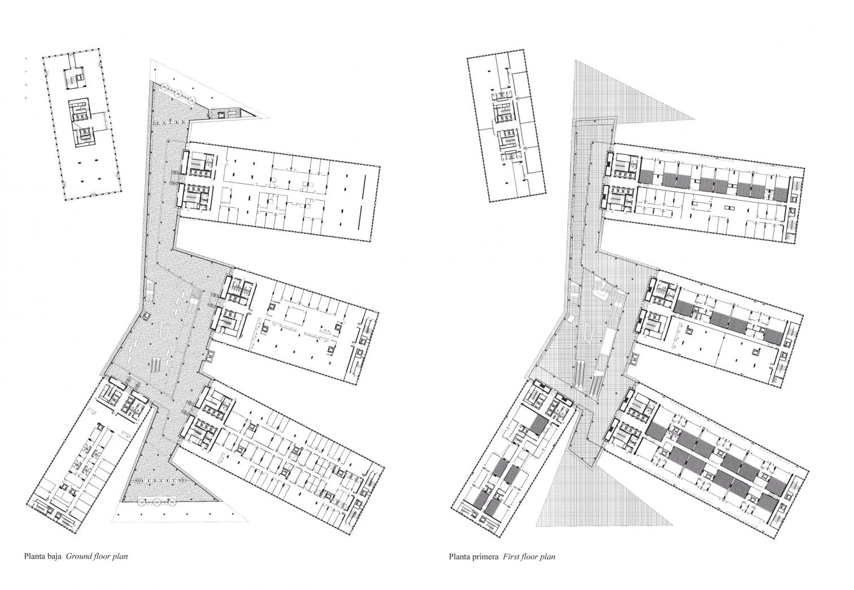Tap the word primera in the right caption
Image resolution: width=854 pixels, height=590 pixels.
486,557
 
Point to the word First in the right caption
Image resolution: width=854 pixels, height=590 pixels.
510,557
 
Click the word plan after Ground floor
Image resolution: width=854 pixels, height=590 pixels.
120,557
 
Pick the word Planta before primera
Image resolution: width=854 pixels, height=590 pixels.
459,557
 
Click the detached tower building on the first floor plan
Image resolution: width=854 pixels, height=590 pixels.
506,126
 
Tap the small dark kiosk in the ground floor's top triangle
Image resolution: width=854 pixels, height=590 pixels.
225,113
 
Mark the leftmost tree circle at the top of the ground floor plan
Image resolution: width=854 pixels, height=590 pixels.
165,88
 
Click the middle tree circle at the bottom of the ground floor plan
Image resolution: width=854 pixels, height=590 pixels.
156,502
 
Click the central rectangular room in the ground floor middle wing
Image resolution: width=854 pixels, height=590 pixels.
294,316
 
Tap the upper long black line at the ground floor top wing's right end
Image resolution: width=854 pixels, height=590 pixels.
365,187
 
